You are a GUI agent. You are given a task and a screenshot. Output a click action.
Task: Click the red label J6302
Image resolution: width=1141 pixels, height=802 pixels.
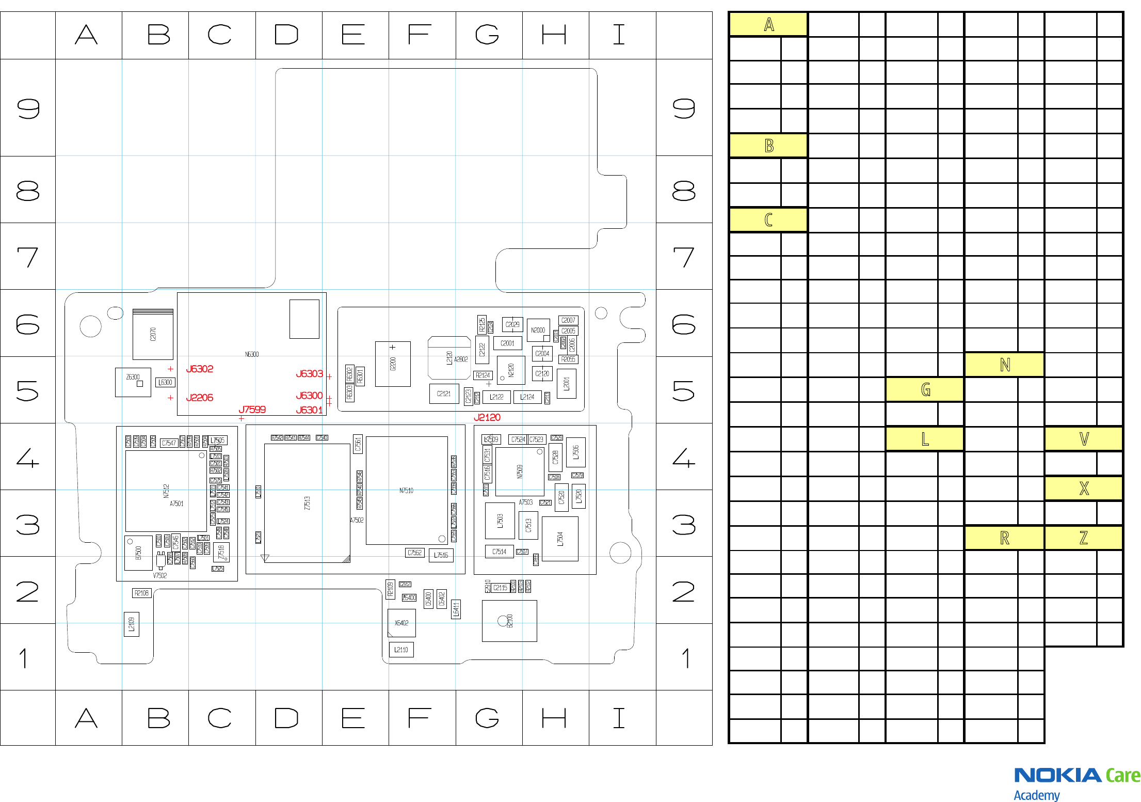pyautogui.click(x=199, y=369)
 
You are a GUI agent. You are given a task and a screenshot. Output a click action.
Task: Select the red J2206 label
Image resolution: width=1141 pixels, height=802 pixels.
pyautogui.click(x=199, y=398)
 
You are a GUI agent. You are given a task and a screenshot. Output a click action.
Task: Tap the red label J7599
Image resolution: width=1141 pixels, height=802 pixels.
pyautogui.click(x=252, y=410)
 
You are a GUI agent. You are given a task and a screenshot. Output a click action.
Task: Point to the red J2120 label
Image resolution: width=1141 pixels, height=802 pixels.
pyautogui.click(x=487, y=417)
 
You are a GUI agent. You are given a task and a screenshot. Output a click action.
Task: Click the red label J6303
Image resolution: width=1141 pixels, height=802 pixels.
pyautogui.click(x=309, y=374)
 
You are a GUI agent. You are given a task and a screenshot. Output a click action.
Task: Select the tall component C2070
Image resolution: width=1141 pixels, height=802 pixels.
pyautogui.click(x=153, y=334)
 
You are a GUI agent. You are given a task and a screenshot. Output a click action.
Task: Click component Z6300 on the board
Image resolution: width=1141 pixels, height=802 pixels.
pyautogui.click(x=133, y=382)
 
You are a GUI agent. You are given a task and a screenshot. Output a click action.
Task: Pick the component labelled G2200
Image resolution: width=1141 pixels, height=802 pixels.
pyautogui.click(x=393, y=364)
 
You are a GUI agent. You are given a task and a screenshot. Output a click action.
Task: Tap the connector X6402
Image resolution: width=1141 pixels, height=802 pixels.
pyautogui.click(x=401, y=623)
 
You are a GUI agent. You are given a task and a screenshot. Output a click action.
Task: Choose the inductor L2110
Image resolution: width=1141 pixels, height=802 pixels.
pyautogui.click(x=401, y=650)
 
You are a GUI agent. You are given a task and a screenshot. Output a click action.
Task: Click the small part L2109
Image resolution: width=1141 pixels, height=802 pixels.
pyautogui.click(x=132, y=624)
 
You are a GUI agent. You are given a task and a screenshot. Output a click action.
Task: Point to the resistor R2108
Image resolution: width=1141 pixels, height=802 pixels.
pyautogui.click(x=141, y=593)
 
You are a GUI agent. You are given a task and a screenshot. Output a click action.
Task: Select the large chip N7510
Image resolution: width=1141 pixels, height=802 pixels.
pyautogui.click(x=406, y=491)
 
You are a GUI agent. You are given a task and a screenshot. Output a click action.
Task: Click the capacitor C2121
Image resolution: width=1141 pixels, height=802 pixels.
pyautogui.click(x=444, y=394)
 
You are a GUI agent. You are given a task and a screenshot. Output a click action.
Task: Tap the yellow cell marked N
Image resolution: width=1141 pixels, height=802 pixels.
pyautogui.click(x=1004, y=365)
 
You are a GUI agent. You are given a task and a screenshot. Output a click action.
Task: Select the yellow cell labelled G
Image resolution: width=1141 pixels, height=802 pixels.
pyautogui.click(x=925, y=389)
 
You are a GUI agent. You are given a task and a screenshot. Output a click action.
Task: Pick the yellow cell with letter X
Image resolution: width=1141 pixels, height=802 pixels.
pyautogui.click(x=1084, y=488)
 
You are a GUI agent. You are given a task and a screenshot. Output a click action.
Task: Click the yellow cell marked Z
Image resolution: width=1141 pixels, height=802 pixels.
pyautogui.click(x=1084, y=538)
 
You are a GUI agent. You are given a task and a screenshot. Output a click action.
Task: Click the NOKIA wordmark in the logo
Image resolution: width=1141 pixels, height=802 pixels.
pyautogui.click(x=1057, y=775)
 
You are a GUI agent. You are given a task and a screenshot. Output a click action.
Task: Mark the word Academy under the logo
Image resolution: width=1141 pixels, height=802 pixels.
pyautogui.click(x=1036, y=795)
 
